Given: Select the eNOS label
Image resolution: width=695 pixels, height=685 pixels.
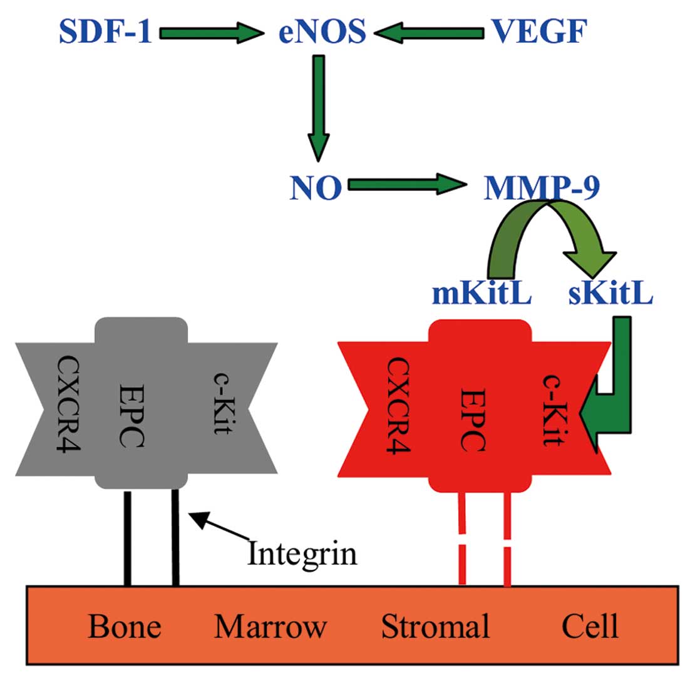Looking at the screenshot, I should tap(322, 31).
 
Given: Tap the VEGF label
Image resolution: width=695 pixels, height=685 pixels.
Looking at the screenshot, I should tap(538, 31).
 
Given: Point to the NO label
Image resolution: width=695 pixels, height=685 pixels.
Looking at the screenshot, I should tap(316, 187).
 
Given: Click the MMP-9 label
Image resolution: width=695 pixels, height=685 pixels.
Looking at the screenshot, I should tap(542, 187).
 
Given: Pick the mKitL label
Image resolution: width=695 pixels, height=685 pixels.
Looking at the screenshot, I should tap(482, 293).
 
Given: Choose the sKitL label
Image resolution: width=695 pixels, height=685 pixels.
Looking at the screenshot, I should tap(610, 293).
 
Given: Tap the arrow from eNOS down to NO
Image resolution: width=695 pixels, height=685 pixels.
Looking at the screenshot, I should tap(318, 106).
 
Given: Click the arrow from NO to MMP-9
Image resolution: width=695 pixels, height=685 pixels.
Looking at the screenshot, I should tap(407, 185).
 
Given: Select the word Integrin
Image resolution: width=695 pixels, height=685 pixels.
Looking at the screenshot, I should tap(302, 553).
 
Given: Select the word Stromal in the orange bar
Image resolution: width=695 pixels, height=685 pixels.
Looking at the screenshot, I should tap(436, 626).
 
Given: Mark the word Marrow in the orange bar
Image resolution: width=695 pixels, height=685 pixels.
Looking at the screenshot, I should tap(270, 626).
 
